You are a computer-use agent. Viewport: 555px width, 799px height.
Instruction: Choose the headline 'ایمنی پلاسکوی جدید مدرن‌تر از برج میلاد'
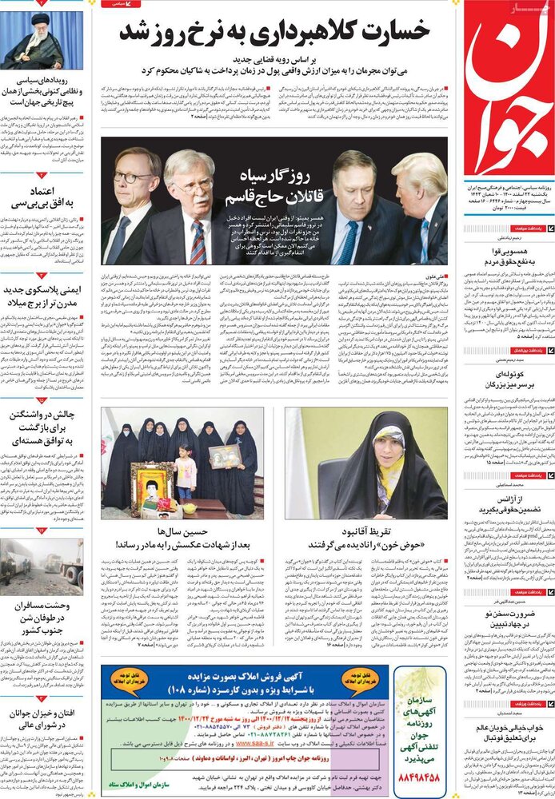[x=42, y=296]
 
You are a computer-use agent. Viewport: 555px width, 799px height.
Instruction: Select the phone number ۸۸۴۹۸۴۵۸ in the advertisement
[x=427, y=775]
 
